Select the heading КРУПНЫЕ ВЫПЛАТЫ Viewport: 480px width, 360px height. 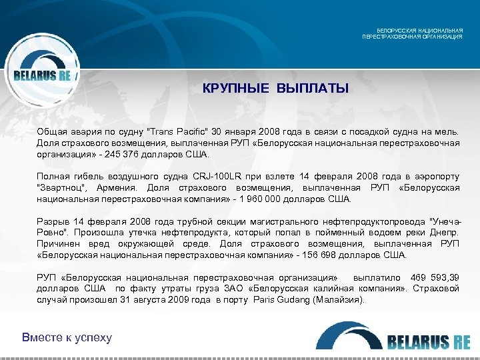click(275, 89)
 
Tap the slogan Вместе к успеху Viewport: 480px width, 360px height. click(67, 337)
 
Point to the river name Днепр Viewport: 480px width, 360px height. click(444, 232)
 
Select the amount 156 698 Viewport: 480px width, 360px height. click(318, 254)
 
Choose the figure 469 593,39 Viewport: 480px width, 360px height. click(435, 277)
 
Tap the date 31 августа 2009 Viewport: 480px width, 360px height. click(155, 299)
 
